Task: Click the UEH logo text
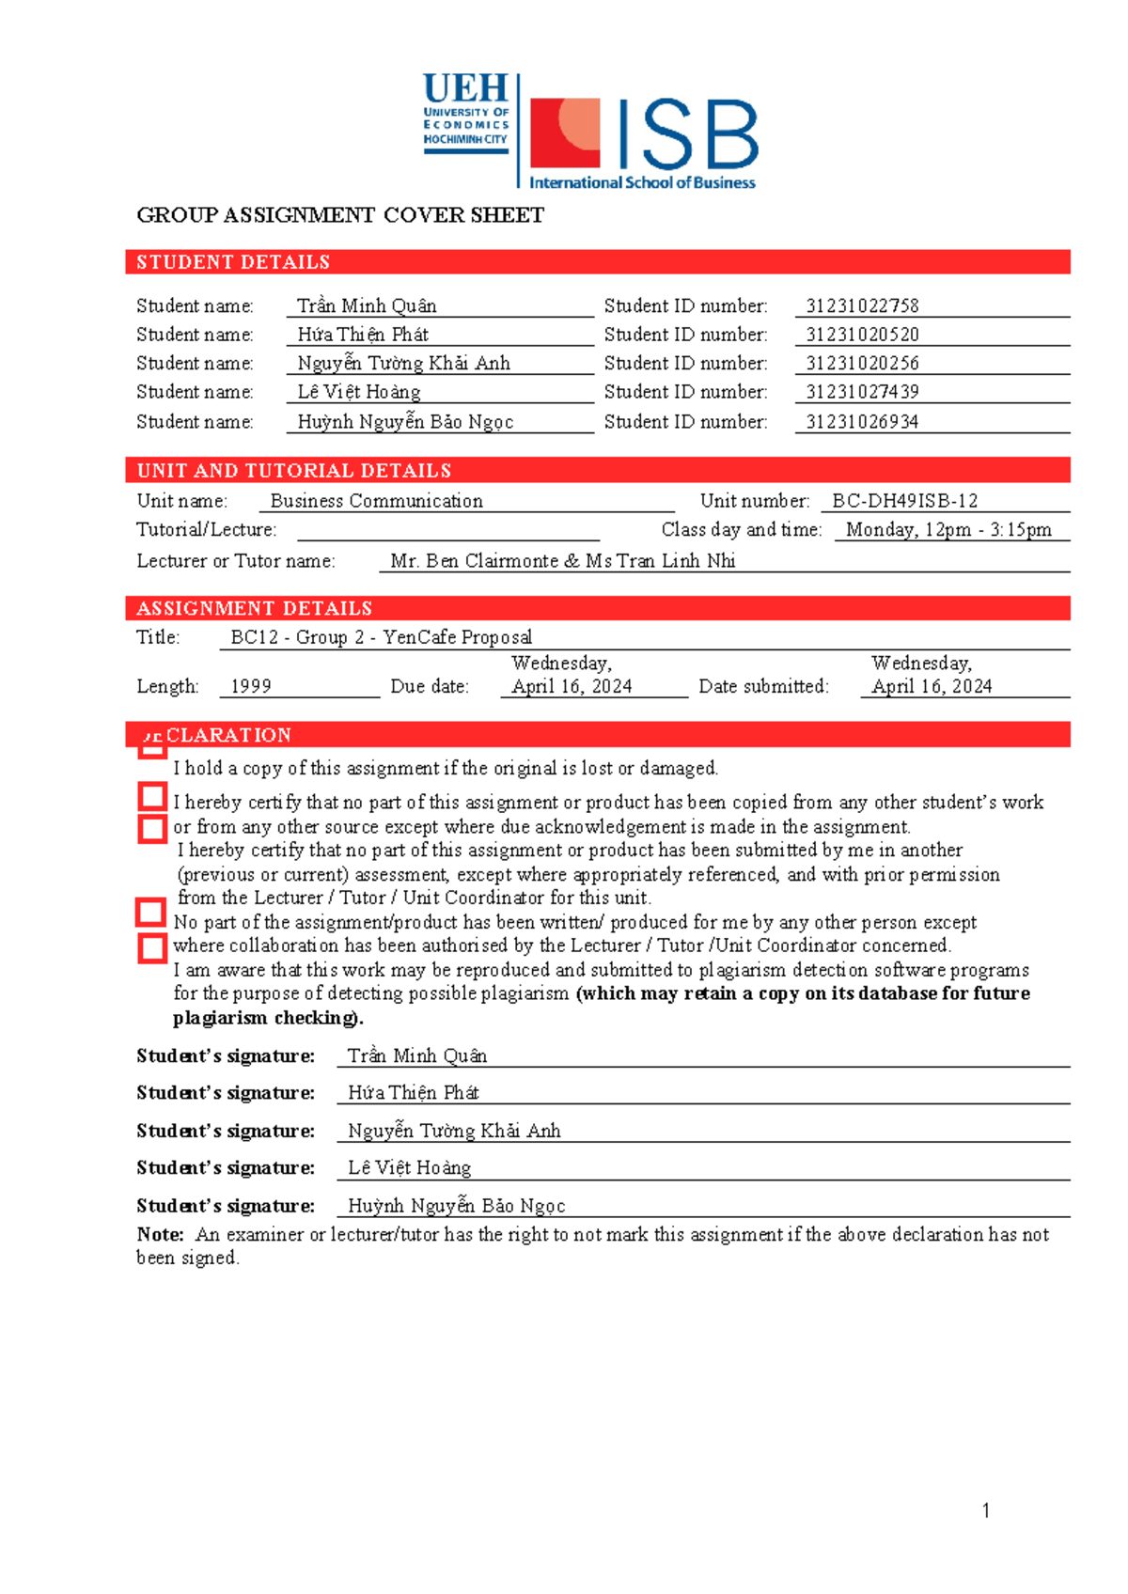click(465, 88)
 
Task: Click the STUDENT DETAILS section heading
click(233, 262)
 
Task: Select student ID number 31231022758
click(862, 305)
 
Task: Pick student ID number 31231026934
click(862, 422)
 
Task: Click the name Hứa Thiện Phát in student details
click(363, 335)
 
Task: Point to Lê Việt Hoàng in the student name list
click(359, 392)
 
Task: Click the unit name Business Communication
click(376, 501)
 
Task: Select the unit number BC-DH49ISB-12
click(904, 501)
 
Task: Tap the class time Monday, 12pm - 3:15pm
click(948, 530)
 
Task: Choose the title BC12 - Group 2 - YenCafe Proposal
click(381, 637)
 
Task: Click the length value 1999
click(251, 687)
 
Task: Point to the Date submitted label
click(763, 687)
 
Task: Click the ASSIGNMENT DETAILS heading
click(255, 608)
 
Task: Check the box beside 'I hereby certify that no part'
click(152, 797)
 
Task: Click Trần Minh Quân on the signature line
click(417, 1056)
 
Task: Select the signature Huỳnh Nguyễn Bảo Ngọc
click(456, 1206)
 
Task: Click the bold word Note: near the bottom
click(160, 1235)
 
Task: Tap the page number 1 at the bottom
click(985, 1510)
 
